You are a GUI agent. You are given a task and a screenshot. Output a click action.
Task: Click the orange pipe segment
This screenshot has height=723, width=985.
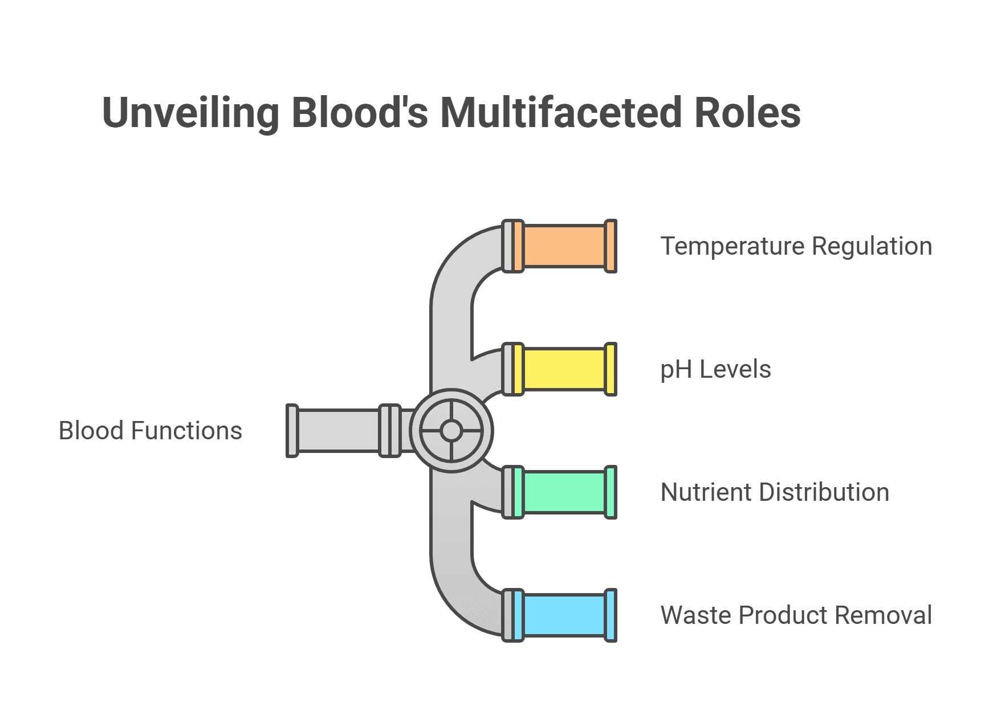point(564,246)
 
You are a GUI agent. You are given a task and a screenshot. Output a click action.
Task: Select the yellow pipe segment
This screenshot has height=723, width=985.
point(564,369)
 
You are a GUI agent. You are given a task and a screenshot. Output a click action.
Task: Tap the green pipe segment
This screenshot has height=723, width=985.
point(564,492)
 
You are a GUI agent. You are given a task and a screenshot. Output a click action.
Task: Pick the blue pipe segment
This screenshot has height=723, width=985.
point(564,615)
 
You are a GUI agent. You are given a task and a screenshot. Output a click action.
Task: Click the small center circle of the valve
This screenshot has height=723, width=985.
point(451,431)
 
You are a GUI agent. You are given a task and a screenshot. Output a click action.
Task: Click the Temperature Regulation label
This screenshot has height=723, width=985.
point(796,246)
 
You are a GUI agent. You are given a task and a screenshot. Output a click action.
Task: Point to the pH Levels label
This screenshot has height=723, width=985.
point(715,369)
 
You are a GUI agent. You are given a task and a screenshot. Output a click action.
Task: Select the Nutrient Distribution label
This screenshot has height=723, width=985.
point(775,492)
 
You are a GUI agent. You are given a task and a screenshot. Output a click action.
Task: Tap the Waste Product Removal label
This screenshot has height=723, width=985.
point(796,615)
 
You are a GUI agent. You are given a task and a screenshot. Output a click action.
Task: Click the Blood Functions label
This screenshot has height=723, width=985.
point(150,431)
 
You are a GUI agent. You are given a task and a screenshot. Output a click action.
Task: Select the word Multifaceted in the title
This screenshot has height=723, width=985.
point(561,113)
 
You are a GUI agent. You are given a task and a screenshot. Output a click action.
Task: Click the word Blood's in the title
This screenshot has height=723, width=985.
point(360,113)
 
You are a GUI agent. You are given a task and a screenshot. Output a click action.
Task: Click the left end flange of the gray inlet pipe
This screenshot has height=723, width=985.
point(292,431)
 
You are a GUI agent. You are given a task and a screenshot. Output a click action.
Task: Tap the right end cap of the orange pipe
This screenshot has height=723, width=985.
point(610,246)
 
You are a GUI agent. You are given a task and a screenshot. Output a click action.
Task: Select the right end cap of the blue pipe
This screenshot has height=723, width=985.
point(610,615)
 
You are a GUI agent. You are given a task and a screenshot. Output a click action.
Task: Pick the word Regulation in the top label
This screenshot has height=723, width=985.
point(872,246)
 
